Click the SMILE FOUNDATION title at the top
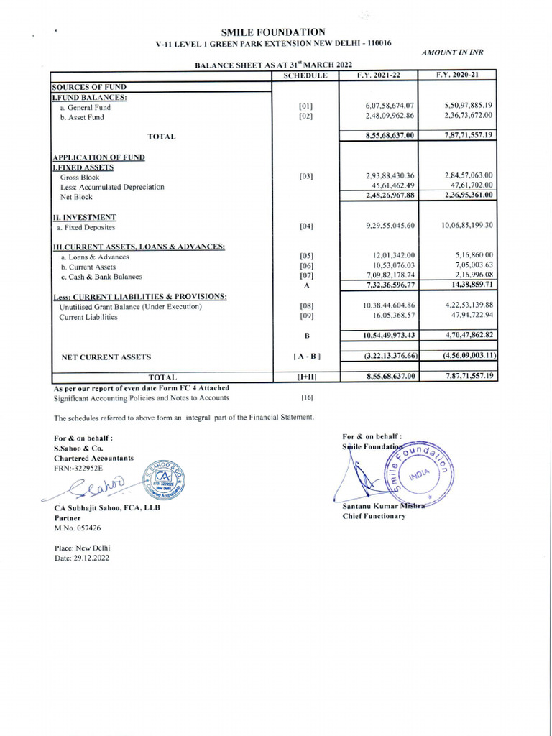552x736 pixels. pos(273,32)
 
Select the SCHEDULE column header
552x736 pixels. pos(305,75)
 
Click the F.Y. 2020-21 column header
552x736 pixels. pos(457,75)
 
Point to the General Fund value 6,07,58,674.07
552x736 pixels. pos(390,106)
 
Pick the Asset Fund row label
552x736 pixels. pos(82,116)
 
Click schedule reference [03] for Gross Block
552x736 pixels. pos(306,176)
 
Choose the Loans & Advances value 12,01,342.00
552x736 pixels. pos(394,256)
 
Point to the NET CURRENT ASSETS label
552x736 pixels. pos(106,356)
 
